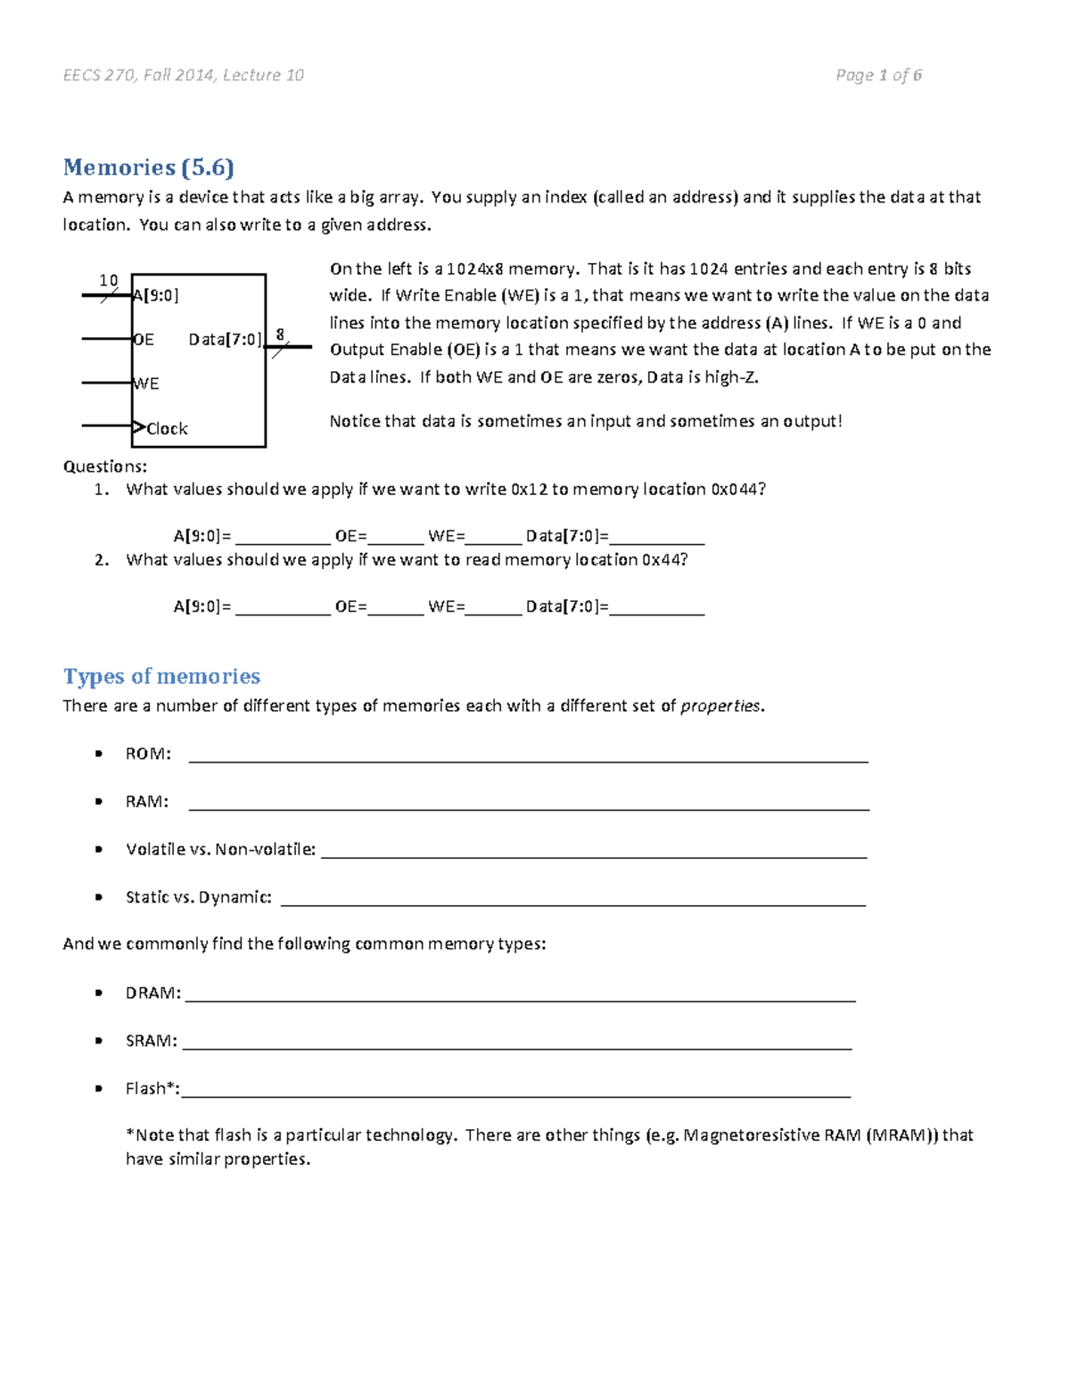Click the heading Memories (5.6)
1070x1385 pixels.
tap(148, 168)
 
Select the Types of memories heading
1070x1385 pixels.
tap(161, 676)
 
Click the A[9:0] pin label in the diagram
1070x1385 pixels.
tap(156, 295)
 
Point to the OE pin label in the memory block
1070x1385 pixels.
tap(144, 340)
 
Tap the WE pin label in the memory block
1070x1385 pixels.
tap(146, 383)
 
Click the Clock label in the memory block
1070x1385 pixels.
tap(167, 429)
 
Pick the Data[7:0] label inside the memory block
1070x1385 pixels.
tap(225, 340)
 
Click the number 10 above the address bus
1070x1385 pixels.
tap(108, 280)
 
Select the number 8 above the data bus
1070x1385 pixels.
tap(280, 334)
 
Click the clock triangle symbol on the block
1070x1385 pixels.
tap(138, 427)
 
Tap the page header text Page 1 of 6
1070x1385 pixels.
tap(878, 76)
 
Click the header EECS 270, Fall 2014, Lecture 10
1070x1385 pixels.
tap(184, 76)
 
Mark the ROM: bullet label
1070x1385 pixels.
tap(148, 754)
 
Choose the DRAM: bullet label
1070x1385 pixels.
tap(153, 993)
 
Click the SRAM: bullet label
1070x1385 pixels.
tap(152, 1041)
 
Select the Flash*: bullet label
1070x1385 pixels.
tap(152, 1088)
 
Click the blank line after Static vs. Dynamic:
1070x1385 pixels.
tap(572, 903)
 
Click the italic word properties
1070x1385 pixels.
tap(720, 706)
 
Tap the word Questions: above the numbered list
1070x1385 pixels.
tap(105, 466)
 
